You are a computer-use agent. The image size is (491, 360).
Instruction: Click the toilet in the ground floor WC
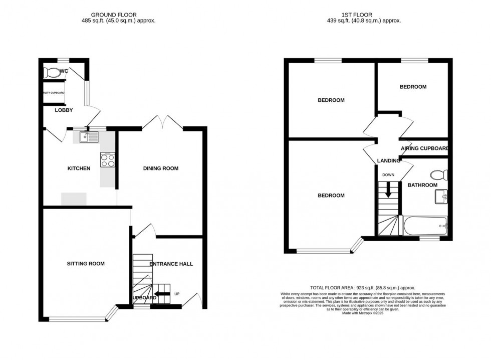click(x=52, y=73)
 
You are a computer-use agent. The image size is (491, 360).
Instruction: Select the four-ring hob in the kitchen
click(x=108, y=160)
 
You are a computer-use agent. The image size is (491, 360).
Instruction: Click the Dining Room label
click(x=161, y=168)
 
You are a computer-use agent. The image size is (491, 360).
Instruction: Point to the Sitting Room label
click(x=86, y=263)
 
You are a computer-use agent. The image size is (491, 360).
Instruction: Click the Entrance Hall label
click(x=171, y=264)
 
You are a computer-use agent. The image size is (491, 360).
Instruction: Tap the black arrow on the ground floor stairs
click(x=162, y=294)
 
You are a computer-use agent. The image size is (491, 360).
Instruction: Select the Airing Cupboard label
click(x=424, y=148)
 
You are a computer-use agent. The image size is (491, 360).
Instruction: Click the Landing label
click(x=388, y=160)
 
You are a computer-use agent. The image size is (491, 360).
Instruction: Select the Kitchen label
click(x=79, y=168)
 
